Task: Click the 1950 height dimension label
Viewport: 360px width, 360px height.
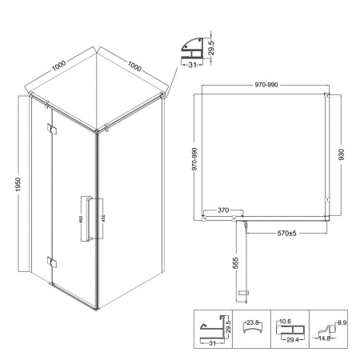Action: tap(18, 185)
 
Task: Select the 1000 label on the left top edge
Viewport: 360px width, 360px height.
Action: tap(58, 66)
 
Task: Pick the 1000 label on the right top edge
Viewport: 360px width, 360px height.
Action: tap(134, 66)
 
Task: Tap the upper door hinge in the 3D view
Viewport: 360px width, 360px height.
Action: tap(52, 130)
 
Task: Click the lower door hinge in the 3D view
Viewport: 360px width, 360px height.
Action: tap(52, 262)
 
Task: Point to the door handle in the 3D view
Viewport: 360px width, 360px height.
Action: tap(90, 219)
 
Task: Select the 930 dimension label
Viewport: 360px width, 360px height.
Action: tap(341, 154)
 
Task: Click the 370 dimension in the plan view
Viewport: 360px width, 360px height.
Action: tap(223, 210)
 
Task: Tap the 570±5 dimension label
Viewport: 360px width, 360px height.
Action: tap(286, 234)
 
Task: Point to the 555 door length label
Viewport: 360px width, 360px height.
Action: tap(235, 263)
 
